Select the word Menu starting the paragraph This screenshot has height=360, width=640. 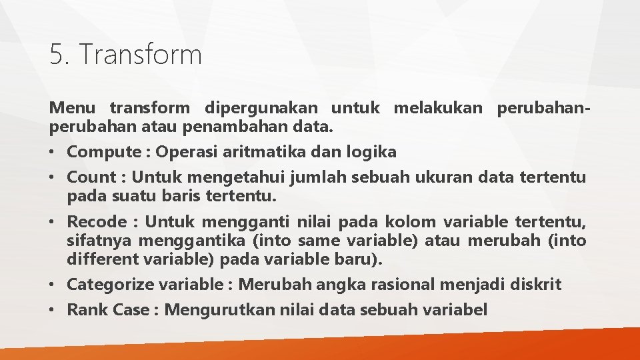point(73,107)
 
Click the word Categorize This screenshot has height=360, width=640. point(111,285)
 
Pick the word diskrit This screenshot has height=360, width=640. point(535,285)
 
